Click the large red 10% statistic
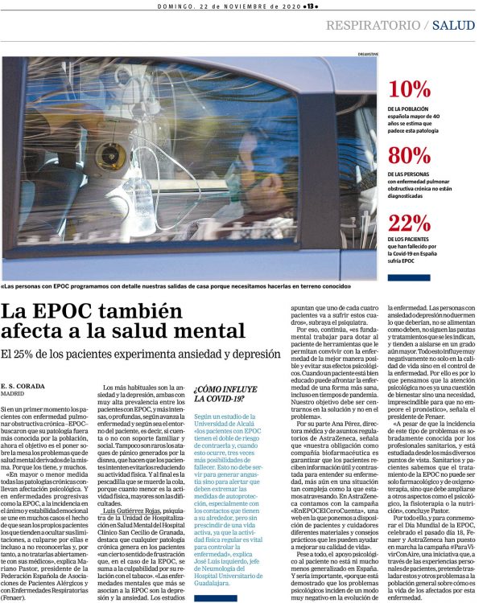[x=409, y=89]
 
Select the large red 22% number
[x=409, y=223]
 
